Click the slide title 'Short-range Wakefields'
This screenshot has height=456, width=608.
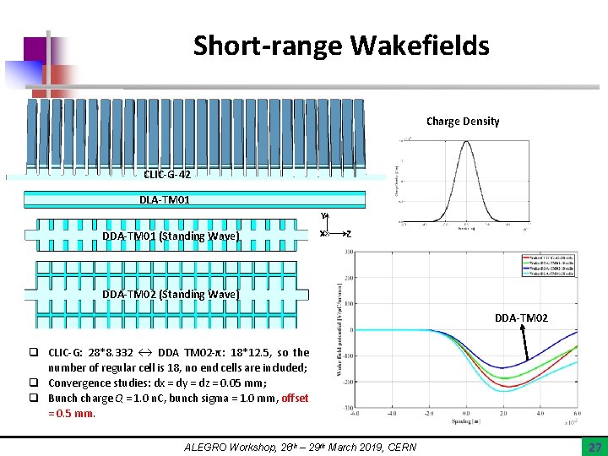(x=340, y=45)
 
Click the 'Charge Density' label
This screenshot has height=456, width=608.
(x=462, y=122)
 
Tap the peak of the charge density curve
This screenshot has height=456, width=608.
(x=465, y=142)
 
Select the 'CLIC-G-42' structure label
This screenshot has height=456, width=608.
(x=167, y=175)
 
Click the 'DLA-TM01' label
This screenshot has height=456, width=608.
(x=165, y=200)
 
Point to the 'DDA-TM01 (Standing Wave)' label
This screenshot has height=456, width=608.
(x=171, y=236)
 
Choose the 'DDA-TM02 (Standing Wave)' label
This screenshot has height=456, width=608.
(x=171, y=294)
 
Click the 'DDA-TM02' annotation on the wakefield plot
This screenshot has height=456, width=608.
(x=521, y=318)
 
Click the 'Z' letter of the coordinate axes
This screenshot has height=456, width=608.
(x=349, y=234)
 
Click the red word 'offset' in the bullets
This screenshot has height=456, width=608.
(x=295, y=398)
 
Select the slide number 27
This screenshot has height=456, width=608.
(x=594, y=446)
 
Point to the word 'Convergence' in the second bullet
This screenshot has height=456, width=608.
(x=77, y=383)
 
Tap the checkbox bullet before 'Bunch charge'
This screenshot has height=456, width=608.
(x=40, y=398)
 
